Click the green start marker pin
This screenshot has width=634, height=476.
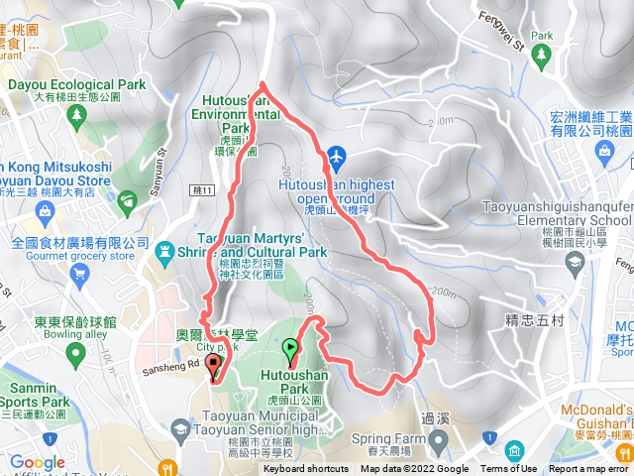[x=289, y=350]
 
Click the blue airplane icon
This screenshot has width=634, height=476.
[x=337, y=157]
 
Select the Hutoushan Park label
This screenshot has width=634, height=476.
[x=293, y=376]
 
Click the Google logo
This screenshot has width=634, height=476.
[x=37, y=462]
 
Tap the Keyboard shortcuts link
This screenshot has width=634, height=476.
[x=305, y=469]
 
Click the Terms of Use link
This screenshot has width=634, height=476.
[x=509, y=469]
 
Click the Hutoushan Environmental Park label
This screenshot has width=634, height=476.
[x=237, y=114]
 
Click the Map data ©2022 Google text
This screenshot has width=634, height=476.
[x=414, y=469]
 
